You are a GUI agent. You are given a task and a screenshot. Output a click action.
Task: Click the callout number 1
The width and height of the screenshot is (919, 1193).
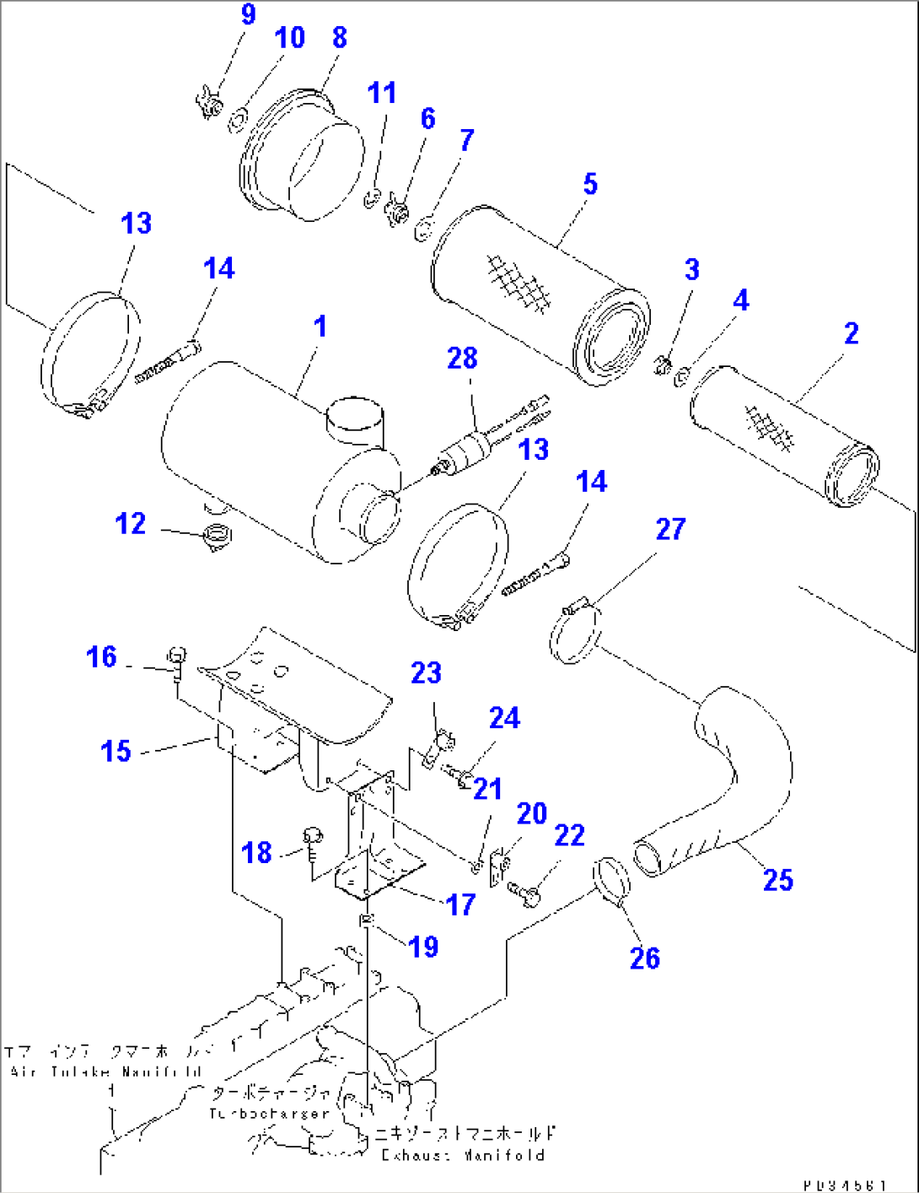click(x=320, y=327)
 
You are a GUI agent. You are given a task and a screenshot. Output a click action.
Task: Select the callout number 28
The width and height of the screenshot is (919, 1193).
click(x=462, y=359)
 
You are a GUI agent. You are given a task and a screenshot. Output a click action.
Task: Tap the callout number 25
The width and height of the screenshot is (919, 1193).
click(x=777, y=880)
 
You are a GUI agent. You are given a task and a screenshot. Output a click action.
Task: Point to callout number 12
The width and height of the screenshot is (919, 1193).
click(x=131, y=524)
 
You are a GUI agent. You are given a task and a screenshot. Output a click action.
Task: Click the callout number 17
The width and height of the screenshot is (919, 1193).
click(x=460, y=905)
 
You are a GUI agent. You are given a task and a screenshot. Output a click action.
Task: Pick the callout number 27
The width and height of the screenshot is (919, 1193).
click(x=670, y=530)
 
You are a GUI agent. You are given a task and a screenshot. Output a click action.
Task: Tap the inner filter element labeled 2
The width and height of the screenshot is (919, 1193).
click(x=784, y=435)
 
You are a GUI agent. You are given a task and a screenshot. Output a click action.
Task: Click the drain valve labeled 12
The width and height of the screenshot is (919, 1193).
click(x=218, y=537)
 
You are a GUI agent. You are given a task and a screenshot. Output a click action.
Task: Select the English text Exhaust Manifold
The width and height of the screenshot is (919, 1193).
click(x=463, y=1155)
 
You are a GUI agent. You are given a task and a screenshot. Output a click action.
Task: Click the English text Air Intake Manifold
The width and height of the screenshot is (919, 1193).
click(x=105, y=1072)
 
